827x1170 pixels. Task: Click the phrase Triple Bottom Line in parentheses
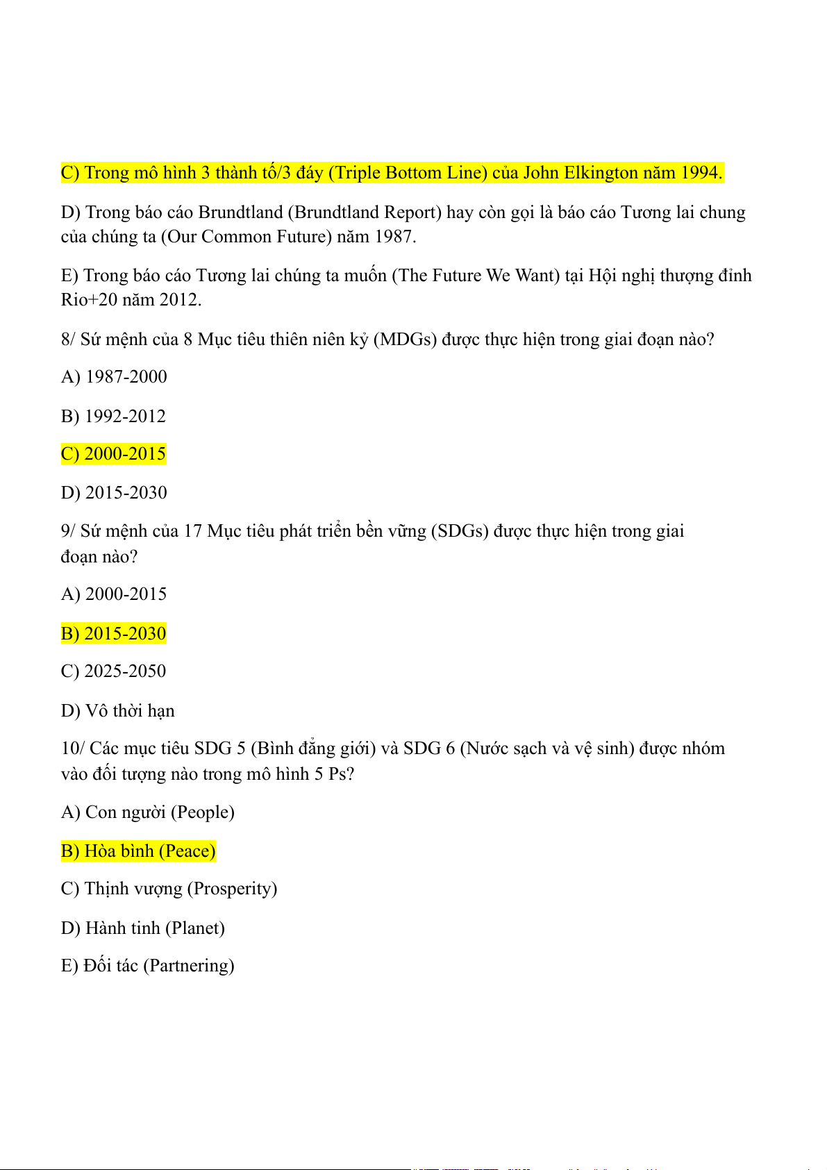408,173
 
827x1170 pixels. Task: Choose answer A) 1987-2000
114,377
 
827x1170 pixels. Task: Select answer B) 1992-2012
113,416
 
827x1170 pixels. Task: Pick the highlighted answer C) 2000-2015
113,454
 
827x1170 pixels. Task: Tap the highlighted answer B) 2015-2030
113,633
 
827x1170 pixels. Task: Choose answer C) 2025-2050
113,671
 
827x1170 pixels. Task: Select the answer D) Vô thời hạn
117,710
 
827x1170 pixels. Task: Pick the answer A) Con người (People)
147,812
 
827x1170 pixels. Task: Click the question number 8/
68,340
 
